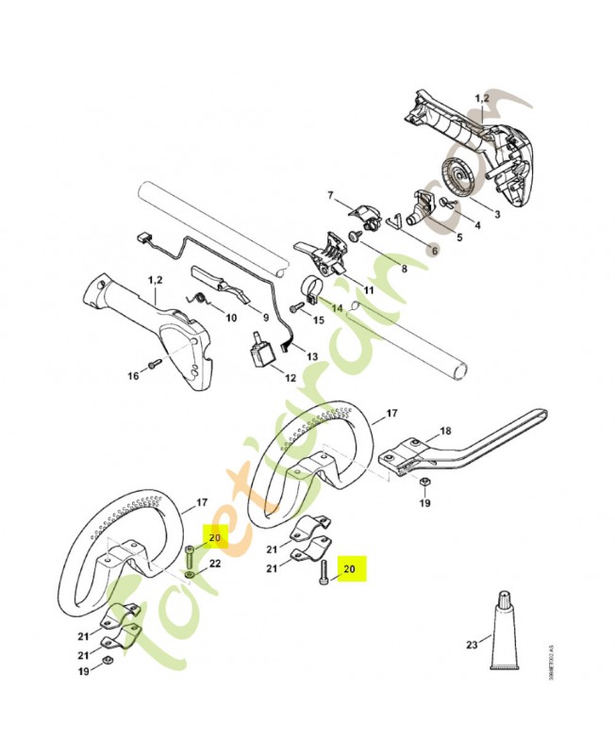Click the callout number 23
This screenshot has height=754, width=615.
(x=471, y=646)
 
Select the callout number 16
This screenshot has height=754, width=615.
(x=133, y=375)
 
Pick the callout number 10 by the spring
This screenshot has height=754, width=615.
(x=230, y=319)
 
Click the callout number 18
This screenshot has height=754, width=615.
(x=445, y=431)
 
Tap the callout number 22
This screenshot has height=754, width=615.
(x=215, y=564)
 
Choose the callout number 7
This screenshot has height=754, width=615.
(x=330, y=195)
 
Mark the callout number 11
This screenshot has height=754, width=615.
(x=368, y=289)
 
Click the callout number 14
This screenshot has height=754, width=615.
(x=337, y=306)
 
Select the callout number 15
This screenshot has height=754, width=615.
(x=318, y=320)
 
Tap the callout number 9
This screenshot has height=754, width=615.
(x=266, y=317)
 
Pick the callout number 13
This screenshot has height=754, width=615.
(x=313, y=358)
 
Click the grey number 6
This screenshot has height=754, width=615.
(x=433, y=251)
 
